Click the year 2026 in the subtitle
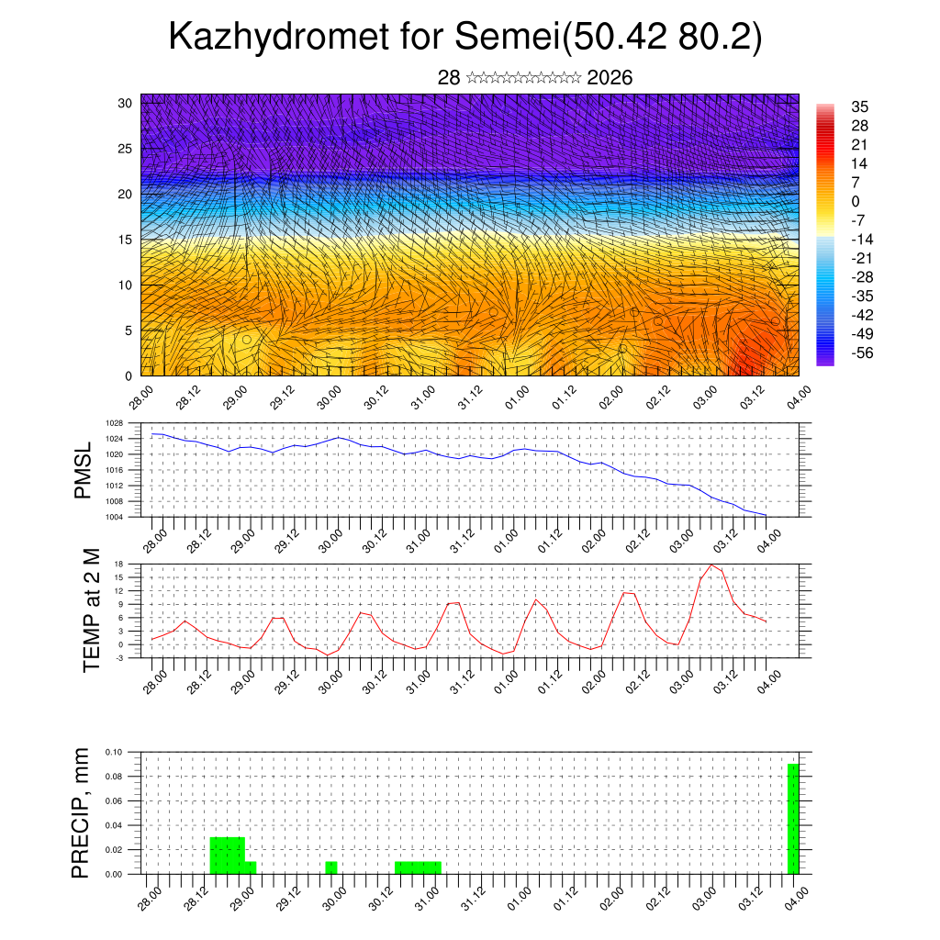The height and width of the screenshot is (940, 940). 610,78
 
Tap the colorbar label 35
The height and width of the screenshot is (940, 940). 835,106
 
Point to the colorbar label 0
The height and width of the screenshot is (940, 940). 830,201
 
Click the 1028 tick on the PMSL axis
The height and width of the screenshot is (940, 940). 113,423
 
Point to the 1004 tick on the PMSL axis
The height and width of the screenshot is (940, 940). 113,517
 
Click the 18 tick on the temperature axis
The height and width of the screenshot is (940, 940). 118,564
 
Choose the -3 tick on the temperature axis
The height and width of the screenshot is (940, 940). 118,658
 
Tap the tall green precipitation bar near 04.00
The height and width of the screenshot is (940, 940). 793,818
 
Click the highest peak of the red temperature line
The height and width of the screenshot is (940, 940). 711,565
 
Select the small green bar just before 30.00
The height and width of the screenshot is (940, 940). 331,867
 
